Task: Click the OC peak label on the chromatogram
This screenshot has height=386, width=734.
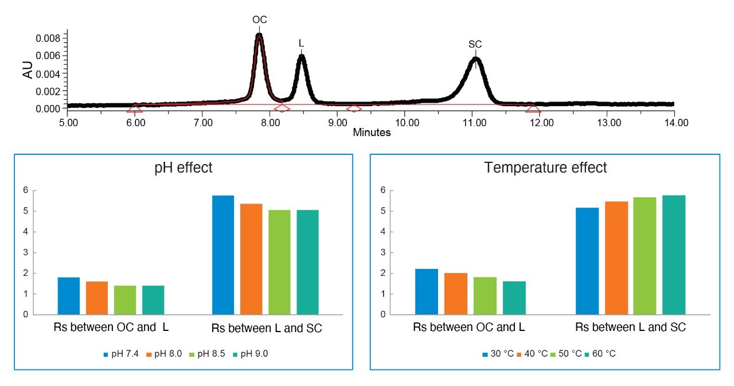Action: pyautogui.click(x=260, y=20)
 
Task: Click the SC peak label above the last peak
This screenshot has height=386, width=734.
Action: pyautogui.click(x=475, y=44)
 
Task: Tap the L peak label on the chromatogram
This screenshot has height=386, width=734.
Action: pyautogui.click(x=301, y=44)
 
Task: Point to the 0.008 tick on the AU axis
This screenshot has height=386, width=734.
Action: pyautogui.click(x=50, y=39)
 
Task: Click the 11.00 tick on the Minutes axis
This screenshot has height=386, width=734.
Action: pyautogui.click(x=473, y=122)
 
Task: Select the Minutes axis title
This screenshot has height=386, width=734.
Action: pyautogui.click(x=372, y=133)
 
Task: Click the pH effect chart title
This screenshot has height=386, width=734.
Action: pyautogui.click(x=183, y=168)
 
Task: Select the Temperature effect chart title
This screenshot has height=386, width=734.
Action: pyautogui.click(x=545, y=168)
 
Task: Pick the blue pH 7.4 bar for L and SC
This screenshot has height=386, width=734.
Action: pyautogui.click(x=223, y=255)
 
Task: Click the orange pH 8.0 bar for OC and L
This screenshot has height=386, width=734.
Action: pyautogui.click(x=97, y=298)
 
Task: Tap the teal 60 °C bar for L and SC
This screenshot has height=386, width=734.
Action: pyautogui.click(x=674, y=255)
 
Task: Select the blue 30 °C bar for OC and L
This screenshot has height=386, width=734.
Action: pyautogui.click(x=427, y=292)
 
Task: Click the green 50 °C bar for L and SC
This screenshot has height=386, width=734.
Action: pyautogui.click(x=645, y=256)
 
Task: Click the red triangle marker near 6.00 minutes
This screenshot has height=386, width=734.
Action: pyautogui.click(x=134, y=108)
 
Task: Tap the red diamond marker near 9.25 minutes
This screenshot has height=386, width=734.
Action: pyautogui.click(x=354, y=108)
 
